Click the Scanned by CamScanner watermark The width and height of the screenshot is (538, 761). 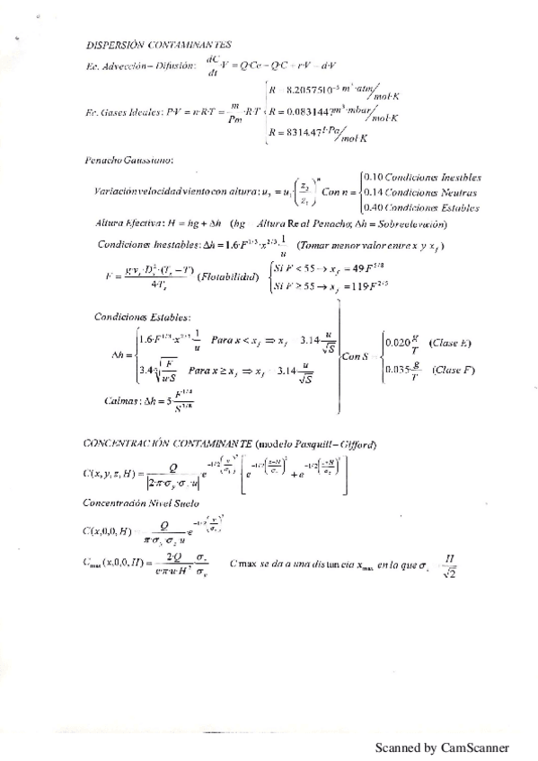(x=441, y=747)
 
